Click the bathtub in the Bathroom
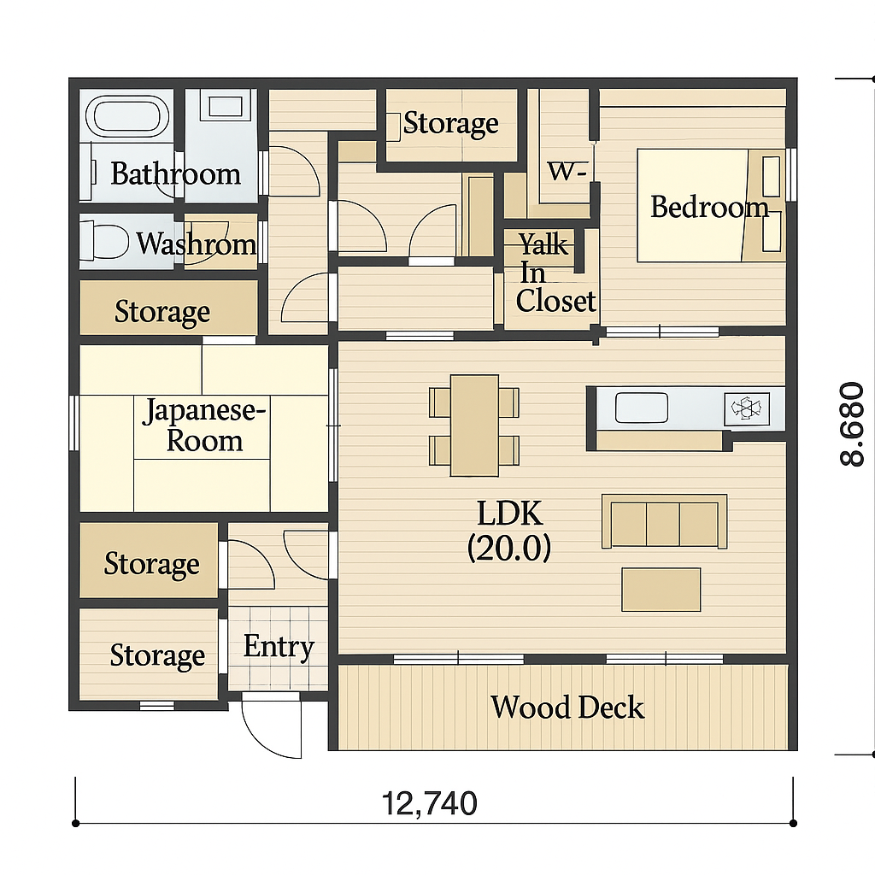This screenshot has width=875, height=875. (126, 116)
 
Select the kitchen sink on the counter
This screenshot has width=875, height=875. (641, 408)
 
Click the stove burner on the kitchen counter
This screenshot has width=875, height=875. (746, 408)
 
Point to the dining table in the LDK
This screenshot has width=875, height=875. (474, 426)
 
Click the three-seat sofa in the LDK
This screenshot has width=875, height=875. (664, 522)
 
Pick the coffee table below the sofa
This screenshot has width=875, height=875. (661, 590)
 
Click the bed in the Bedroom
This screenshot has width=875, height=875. (711, 205)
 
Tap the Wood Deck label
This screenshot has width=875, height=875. (567, 708)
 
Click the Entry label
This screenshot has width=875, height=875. (279, 648)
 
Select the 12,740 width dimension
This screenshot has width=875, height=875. (429, 803)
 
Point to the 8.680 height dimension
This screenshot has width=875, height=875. (852, 424)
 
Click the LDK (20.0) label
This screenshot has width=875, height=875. (509, 530)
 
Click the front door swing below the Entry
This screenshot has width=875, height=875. (272, 725)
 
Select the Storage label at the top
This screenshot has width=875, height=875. (451, 123)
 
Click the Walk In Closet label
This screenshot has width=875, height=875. (555, 273)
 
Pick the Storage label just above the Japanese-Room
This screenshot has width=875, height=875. (162, 311)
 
